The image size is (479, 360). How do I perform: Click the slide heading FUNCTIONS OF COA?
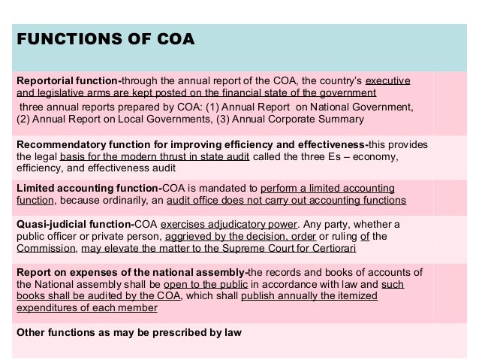tap(105, 39)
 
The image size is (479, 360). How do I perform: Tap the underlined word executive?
tap(388, 80)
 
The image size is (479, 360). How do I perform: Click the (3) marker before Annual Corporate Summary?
tap(224, 119)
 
